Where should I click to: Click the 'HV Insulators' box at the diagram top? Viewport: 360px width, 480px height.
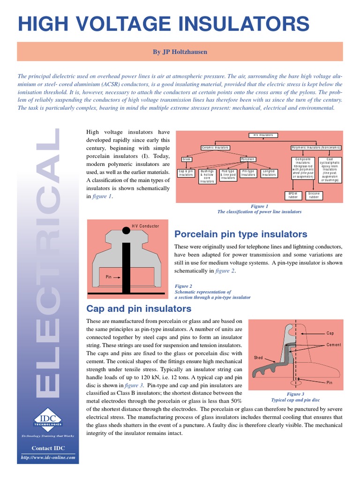[x=263, y=135]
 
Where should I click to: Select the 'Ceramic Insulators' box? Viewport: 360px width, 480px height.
[x=215, y=148]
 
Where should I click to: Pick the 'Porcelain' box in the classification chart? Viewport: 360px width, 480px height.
[x=247, y=159]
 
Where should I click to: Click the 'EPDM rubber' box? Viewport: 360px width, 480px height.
[x=293, y=195]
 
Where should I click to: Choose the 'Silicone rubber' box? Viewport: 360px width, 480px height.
[x=314, y=195]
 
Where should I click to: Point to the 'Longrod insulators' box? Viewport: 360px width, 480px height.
[x=269, y=173]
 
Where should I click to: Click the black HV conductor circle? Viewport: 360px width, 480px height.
[x=126, y=230]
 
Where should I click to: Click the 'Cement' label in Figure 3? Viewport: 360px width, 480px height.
[x=334, y=345]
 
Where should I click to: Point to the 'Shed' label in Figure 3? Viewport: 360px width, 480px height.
[x=258, y=358]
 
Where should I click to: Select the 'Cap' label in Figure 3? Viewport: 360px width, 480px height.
[x=330, y=333]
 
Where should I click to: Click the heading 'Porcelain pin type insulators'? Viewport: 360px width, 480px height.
[x=240, y=234]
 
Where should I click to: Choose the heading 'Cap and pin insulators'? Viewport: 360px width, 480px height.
[x=139, y=308]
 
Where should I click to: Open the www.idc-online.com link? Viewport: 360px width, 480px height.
[x=48, y=457]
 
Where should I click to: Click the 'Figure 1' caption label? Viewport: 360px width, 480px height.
[x=259, y=206]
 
